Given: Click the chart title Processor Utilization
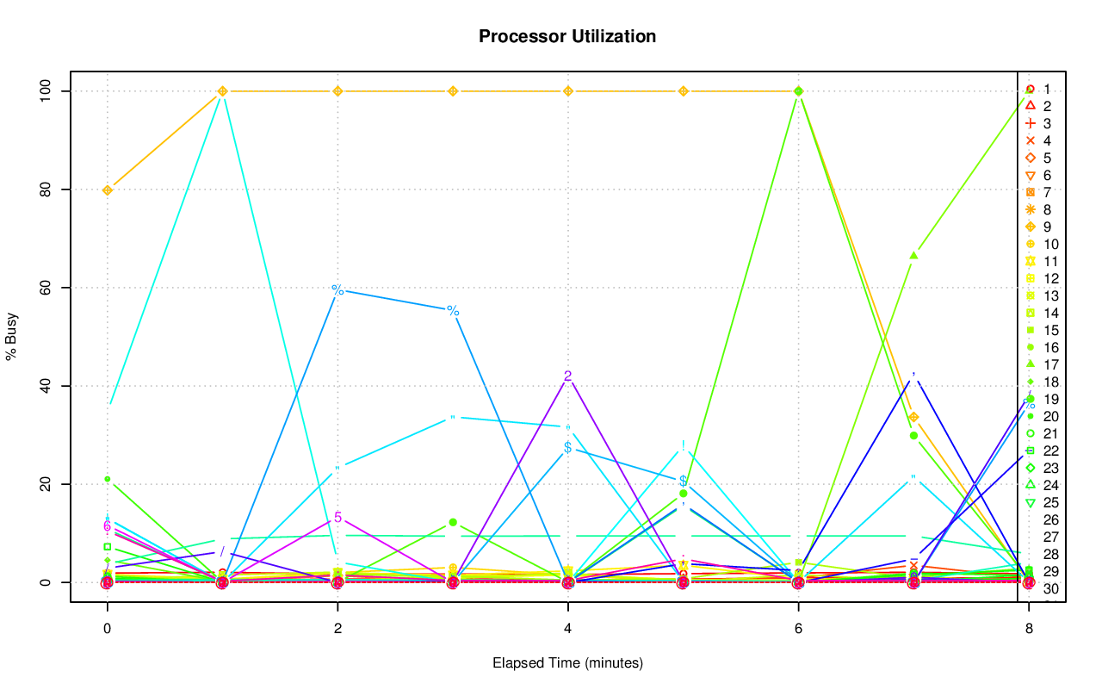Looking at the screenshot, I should pos(567,37).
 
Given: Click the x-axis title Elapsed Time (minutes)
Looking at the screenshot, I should pos(567,663).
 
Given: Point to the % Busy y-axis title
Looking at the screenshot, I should pos(12,337).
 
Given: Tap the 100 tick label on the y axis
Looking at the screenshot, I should pos(46,90).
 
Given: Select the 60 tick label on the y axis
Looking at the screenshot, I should pos(46,288).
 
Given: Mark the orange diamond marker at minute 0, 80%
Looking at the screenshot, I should pos(107,190).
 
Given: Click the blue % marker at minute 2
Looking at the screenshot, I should pos(337,290).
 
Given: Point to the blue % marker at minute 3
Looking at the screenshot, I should pos(453,310).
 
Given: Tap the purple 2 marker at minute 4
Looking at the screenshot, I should pos(568,376).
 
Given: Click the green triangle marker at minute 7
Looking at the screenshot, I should pos(913,255).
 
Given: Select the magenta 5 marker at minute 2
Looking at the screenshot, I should pos(337,518).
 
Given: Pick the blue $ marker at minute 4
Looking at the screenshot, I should pos(567,448).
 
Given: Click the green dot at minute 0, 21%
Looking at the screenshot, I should pos(107,479).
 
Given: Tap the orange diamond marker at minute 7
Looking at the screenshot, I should pos(913,417).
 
